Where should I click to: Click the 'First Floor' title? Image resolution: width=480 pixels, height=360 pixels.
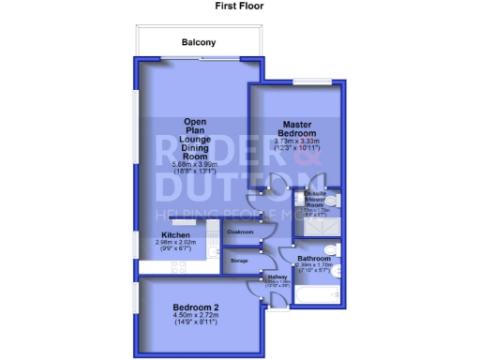[x=240, y=6]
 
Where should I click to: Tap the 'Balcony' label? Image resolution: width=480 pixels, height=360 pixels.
[x=199, y=42]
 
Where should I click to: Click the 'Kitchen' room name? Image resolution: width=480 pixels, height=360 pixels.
[x=175, y=234]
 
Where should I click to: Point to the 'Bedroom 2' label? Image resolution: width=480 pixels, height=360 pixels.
[x=196, y=307]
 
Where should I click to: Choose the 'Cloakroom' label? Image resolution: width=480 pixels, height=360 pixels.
[x=241, y=231]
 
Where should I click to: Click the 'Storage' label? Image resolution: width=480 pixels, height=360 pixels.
[x=240, y=260]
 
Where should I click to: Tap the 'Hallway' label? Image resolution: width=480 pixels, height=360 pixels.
[x=277, y=277]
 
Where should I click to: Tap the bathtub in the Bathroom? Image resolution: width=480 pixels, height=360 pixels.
[x=316, y=294]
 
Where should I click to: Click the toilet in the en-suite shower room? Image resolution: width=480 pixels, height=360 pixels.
[x=333, y=201]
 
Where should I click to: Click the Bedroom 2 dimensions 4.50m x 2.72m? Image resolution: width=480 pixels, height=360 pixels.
[x=196, y=318]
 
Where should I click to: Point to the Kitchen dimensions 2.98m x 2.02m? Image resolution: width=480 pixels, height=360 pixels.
[x=175, y=245]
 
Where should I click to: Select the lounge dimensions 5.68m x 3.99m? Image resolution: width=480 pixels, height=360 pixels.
[x=195, y=166]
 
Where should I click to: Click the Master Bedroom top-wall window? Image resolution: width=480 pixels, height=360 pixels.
[x=308, y=83]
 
